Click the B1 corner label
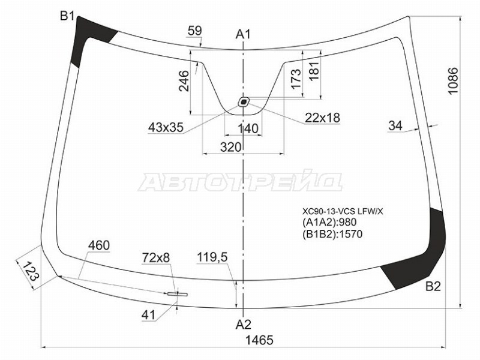(x=67, y=16)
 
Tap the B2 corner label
(x=433, y=287)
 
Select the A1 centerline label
(x=243, y=34)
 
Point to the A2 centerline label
(x=244, y=325)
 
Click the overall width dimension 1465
(x=259, y=340)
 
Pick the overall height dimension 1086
(x=453, y=81)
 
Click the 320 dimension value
(x=231, y=147)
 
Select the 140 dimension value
(x=248, y=129)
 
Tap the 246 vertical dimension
(x=184, y=81)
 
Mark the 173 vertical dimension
(x=296, y=79)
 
